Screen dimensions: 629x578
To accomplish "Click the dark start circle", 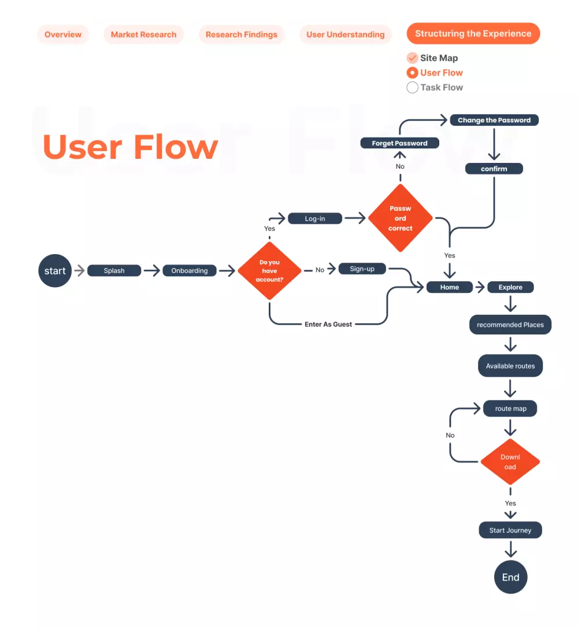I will pos(55,271).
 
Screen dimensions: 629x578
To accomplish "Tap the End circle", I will pos(510,577).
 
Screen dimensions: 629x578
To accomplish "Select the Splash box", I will pos(114,271).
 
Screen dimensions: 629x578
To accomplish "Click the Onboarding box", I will pos(190,271).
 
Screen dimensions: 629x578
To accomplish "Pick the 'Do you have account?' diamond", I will pos(269,271).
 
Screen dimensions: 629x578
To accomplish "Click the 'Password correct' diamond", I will pos(400,218).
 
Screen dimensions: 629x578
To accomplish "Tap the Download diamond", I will pos(510,462).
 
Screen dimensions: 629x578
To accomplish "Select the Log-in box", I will pos(315,219).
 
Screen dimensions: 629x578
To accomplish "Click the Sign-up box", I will pos(362,269).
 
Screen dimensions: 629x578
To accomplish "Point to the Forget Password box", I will pos(399,143).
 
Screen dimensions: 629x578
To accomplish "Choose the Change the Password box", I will pos(494,120).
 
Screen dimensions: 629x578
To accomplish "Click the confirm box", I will pos(494,169).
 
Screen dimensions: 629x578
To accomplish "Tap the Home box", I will pos(450,287).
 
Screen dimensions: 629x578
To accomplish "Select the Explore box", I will pos(510,287).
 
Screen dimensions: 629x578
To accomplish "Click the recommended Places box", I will pos(510,325).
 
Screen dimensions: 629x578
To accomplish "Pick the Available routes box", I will pos(510,366).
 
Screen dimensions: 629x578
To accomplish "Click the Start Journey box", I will pos(510,530).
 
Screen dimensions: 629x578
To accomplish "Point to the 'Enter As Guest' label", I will pos(328,324).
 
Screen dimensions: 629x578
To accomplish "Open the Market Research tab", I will pos(143,35).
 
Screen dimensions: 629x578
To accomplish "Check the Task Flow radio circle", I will pos(412,88).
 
